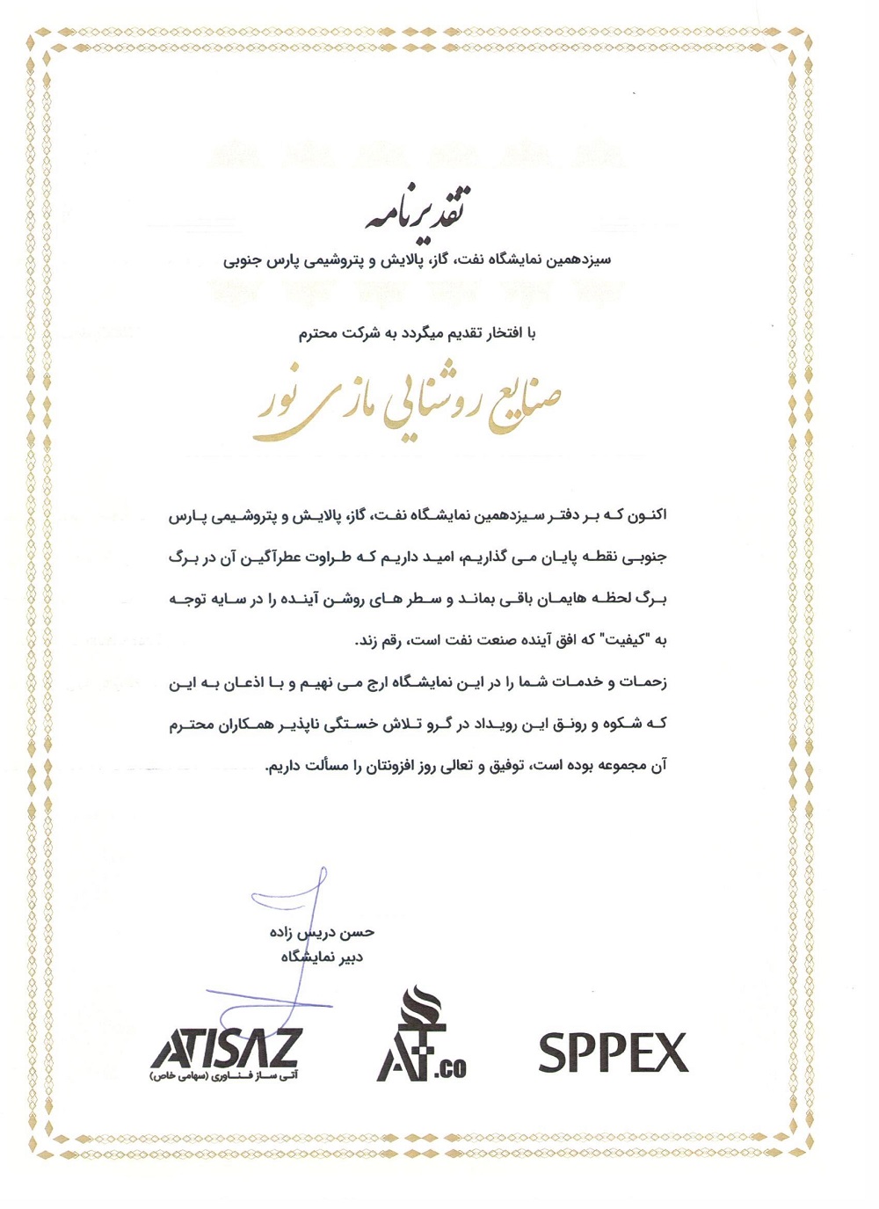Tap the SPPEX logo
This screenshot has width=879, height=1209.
[x=613, y=1052]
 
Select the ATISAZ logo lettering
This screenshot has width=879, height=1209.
[x=226, y=1048]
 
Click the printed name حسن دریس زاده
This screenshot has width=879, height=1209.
[x=322, y=932]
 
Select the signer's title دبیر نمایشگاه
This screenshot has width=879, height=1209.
[x=322, y=957]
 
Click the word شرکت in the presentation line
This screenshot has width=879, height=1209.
[x=360, y=334]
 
